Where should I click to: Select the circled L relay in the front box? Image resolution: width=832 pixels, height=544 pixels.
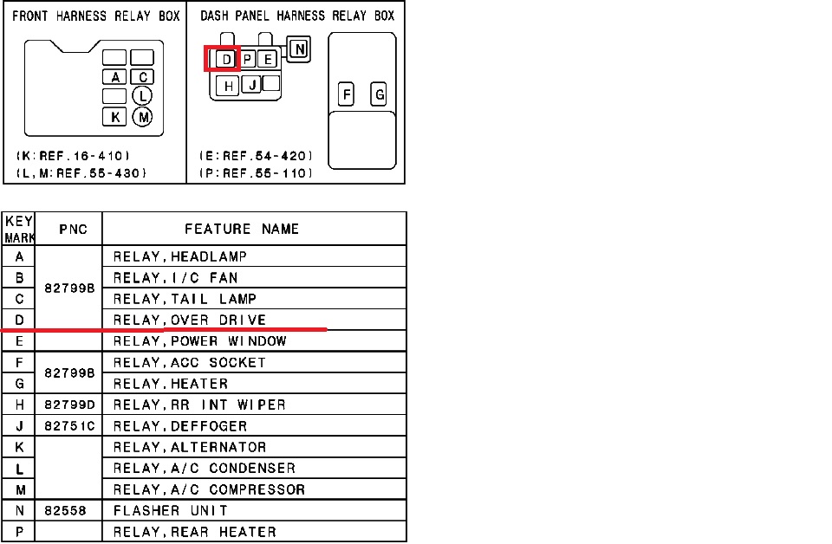click(142, 96)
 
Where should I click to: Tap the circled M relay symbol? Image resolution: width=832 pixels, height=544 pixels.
click(142, 117)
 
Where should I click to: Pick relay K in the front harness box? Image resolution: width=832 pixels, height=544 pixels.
click(114, 117)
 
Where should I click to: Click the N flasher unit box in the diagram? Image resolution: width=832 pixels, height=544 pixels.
click(299, 49)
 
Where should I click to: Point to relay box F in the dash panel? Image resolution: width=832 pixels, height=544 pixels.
click(346, 94)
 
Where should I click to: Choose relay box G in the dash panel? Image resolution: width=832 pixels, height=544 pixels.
click(379, 94)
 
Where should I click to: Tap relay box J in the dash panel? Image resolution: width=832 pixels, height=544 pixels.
click(251, 84)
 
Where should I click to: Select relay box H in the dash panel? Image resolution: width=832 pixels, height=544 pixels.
click(228, 86)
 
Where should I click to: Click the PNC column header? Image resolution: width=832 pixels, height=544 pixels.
click(73, 229)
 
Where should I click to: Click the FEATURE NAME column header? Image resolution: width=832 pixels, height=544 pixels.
click(242, 229)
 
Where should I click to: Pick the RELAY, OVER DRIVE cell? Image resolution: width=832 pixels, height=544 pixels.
click(190, 320)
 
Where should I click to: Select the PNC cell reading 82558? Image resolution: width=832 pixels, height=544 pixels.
click(65, 510)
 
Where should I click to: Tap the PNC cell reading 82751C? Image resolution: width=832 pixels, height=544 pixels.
click(69, 426)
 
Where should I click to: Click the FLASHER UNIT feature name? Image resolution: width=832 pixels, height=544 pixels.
click(171, 510)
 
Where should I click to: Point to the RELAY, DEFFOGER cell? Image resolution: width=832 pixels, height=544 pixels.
click(180, 426)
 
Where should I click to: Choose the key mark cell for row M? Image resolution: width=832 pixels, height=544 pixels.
click(20, 489)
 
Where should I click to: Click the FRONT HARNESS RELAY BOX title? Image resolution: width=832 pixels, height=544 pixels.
click(96, 16)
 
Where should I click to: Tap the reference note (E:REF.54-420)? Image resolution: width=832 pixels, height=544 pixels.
click(256, 156)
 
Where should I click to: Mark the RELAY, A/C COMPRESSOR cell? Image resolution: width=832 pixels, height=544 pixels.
click(209, 489)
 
